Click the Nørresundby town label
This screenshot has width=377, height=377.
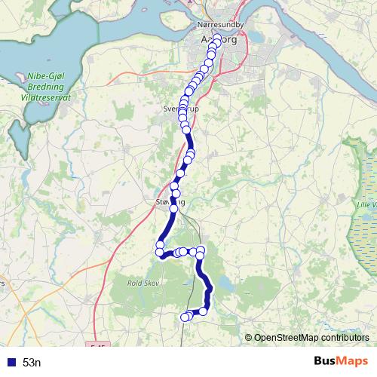[219, 24]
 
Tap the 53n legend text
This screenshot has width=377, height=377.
[32, 363]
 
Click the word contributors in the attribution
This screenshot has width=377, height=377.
[345, 337]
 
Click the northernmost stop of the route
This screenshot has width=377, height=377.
[218, 38]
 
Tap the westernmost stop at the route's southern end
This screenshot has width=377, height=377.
[184, 317]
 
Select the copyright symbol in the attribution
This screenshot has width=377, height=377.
[249, 337]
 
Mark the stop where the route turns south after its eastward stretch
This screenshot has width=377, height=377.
[201, 251]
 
